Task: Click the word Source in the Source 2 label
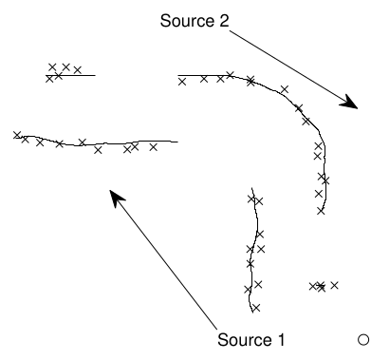[188, 21]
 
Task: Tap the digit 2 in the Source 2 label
[224, 21]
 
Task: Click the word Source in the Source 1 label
[245, 340]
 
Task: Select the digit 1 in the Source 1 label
[281, 339]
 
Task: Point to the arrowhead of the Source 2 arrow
[350, 102]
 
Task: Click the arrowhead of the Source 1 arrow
[116, 198]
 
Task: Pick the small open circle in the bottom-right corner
[363, 339]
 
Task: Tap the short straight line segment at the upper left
[70, 75]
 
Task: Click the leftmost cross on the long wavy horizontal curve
[17, 135]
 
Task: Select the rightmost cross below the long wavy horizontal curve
[154, 147]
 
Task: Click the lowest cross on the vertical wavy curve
[256, 308]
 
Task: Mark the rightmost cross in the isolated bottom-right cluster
[334, 285]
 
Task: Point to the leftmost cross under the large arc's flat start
[182, 82]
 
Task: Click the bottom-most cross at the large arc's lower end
[321, 211]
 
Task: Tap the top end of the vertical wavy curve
[251, 188]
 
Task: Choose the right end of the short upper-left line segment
[95, 75]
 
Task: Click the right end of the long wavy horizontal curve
[177, 142]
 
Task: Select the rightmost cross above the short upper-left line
[78, 69]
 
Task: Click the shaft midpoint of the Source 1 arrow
[163, 259]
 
